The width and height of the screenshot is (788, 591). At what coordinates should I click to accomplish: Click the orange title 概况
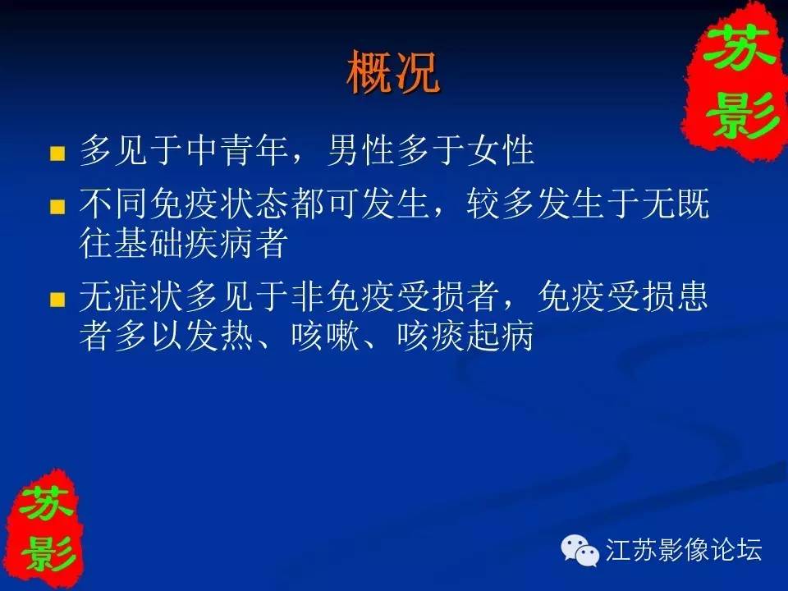click(x=393, y=72)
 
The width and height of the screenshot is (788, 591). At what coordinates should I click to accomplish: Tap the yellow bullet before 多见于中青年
click(x=57, y=153)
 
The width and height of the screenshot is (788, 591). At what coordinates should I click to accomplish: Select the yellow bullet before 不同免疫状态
click(x=57, y=207)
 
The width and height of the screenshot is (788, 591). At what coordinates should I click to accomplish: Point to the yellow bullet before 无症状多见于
click(x=57, y=300)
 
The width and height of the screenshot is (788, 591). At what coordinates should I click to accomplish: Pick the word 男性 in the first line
click(x=361, y=149)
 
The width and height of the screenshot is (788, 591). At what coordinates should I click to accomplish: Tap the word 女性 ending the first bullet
click(x=501, y=149)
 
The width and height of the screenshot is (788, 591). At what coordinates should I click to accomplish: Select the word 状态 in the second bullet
click(x=254, y=204)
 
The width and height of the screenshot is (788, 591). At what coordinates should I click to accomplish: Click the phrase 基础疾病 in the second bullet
click(x=184, y=243)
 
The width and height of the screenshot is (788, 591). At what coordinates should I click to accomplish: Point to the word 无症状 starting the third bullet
click(x=131, y=296)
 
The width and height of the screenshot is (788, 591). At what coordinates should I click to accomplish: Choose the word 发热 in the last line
click(x=219, y=336)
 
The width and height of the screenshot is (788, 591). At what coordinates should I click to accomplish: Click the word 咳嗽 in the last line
click(x=326, y=336)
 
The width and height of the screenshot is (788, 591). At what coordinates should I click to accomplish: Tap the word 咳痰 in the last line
click(x=431, y=336)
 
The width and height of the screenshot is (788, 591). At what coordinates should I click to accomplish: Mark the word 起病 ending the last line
click(x=501, y=336)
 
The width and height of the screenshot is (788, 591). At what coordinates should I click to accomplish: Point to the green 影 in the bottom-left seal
click(x=48, y=552)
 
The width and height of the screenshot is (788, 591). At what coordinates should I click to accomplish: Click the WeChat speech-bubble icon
click(x=580, y=550)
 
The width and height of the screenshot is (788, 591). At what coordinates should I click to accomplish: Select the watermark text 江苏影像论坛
click(x=684, y=549)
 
